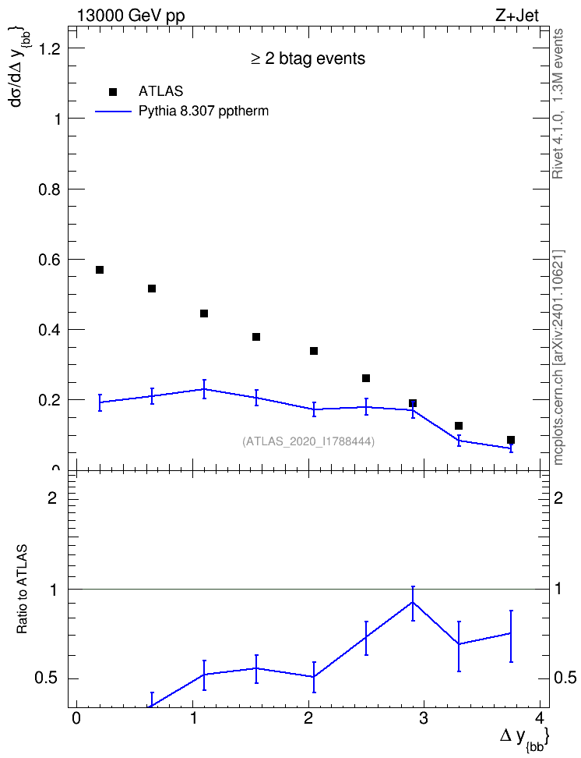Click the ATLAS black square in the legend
click(113, 92)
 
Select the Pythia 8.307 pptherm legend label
click(203, 112)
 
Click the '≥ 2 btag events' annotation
click(308, 58)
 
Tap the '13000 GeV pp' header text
click(131, 16)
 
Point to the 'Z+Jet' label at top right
click(517, 16)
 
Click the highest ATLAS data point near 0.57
click(100, 270)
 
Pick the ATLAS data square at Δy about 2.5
click(366, 378)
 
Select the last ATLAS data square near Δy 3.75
click(511, 440)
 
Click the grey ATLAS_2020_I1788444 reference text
click(308, 441)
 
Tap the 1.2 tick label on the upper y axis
click(49, 48)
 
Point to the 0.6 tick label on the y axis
click(49, 260)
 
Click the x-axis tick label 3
click(424, 718)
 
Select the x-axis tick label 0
click(76, 718)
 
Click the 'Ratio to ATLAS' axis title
click(22, 589)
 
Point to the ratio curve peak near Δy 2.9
click(413, 602)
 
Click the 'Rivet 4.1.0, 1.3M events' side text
click(558, 104)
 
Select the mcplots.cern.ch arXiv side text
click(558, 358)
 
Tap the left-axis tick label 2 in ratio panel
click(52, 498)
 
